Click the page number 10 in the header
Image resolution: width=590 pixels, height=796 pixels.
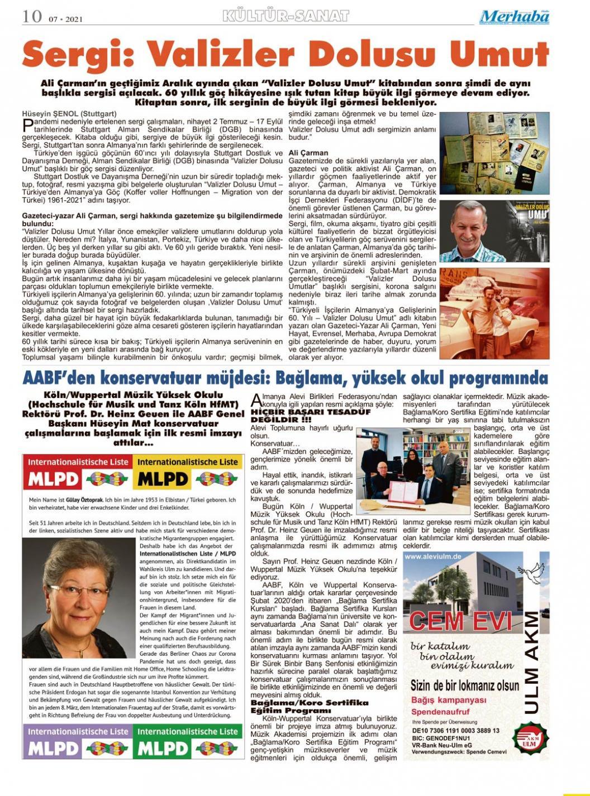click(32, 16)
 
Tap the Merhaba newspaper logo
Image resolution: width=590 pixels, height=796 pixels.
click(514, 17)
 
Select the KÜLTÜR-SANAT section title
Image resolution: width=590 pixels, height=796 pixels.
click(285, 16)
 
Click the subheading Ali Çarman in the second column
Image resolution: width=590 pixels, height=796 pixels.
click(308, 153)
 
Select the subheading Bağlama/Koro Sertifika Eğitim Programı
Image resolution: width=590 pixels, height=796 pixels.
click(310, 706)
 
